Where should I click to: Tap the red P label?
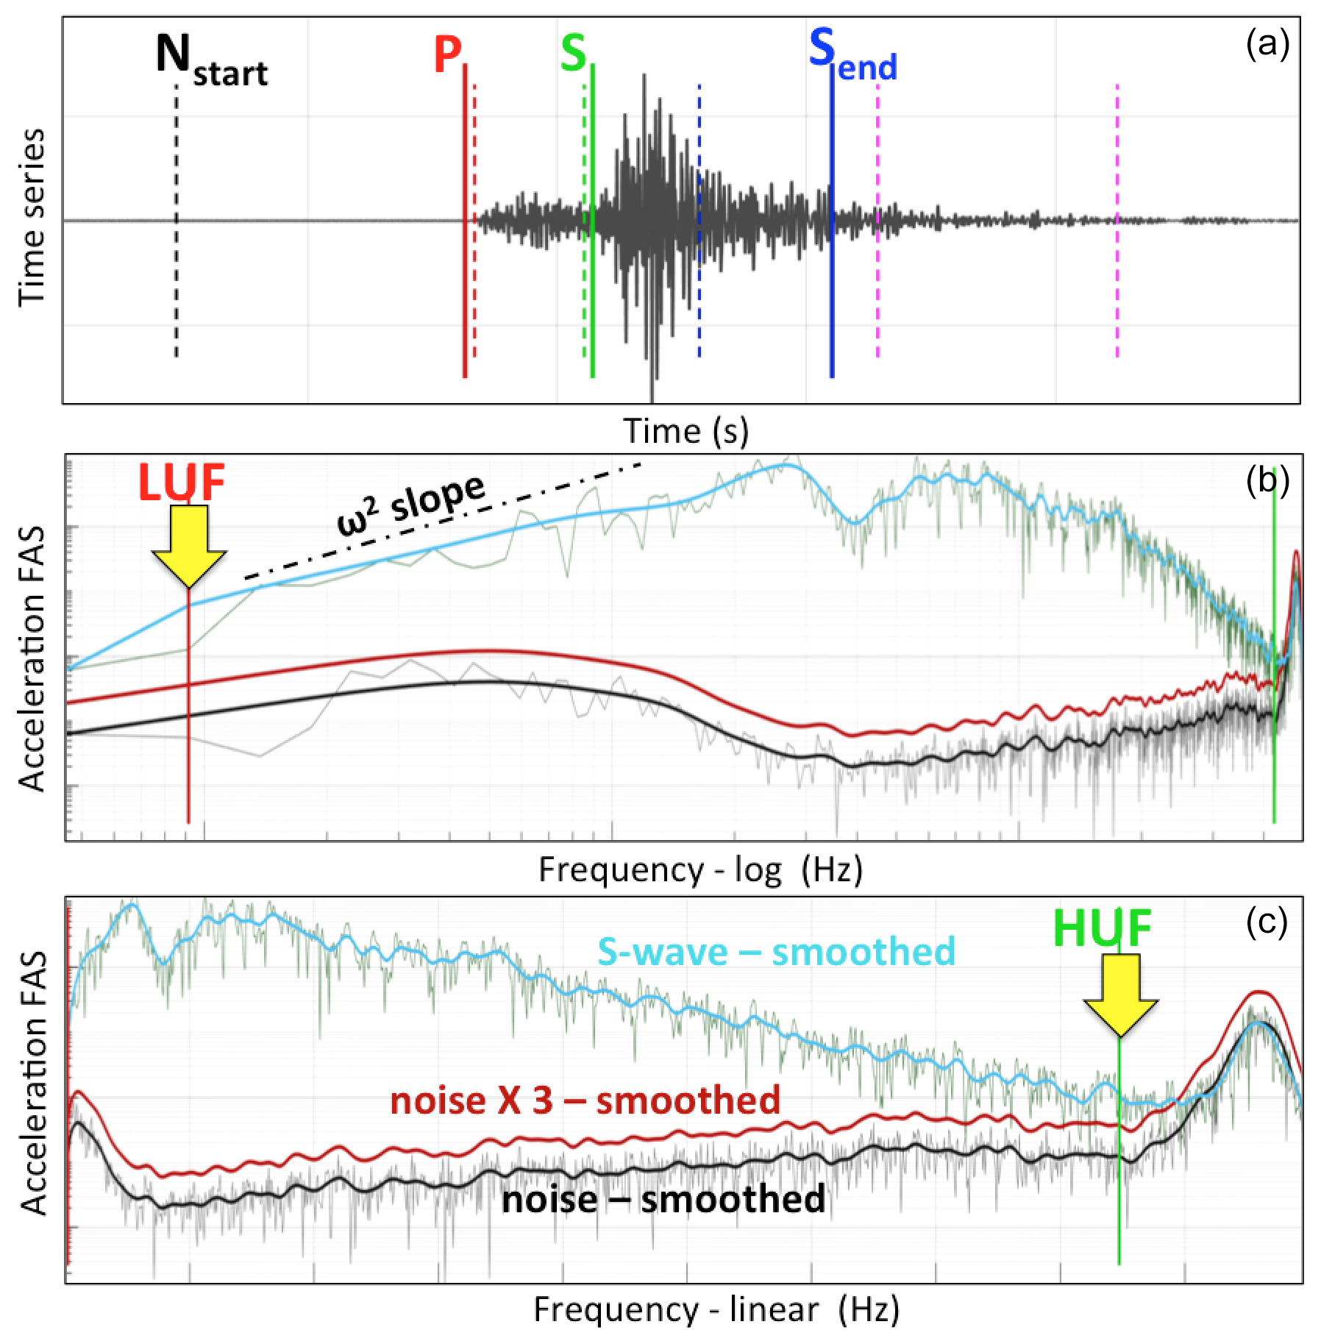point(447,54)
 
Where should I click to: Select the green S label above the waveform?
point(574,54)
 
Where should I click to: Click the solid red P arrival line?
point(465,294)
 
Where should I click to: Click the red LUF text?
point(182,483)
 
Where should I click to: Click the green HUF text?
point(1102,928)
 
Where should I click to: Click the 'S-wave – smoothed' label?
point(776,952)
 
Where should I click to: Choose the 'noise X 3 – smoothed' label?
point(585,1100)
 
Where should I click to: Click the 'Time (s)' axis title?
point(686,431)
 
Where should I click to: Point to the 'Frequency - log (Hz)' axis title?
point(700,869)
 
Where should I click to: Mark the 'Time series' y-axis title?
point(32,217)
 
